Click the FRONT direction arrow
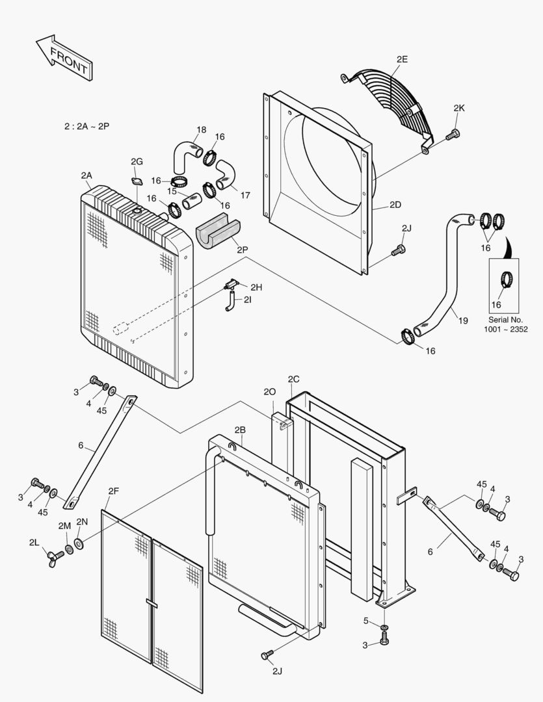click(63, 58)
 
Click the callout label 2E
click(402, 59)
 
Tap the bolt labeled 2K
click(453, 135)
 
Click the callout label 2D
click(395, 204)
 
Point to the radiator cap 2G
click(137, 182)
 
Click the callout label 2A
click(86, 175)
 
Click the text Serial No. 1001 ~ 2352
click(505, 324)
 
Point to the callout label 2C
click(293, 379)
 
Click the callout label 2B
click(240, 430)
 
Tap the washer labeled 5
click(384, 627)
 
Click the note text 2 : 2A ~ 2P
click(86, 126)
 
